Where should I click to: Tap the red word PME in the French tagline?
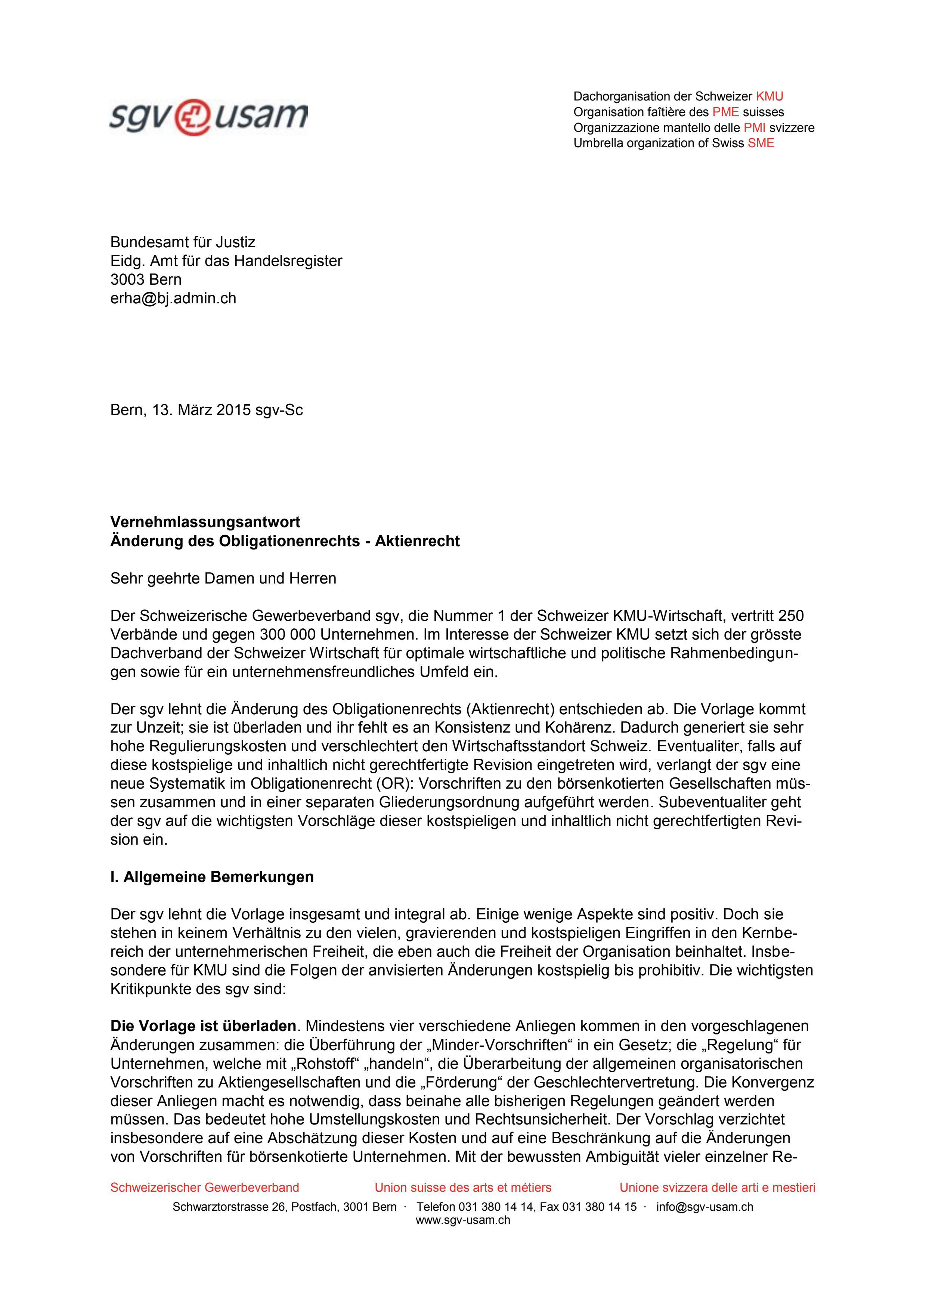click(725, 112)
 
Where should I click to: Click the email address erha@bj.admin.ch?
click(173, 298)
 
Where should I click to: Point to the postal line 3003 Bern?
click(146, 279)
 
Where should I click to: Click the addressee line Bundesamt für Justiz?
click(182, 243)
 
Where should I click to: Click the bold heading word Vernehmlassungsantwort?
click(205, 522)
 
